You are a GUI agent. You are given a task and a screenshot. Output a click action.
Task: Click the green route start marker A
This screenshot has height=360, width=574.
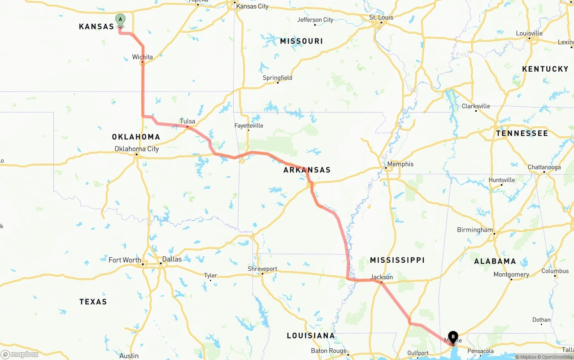tap(120, 20)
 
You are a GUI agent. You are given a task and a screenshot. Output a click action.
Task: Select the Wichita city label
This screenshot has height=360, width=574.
tap(142, 57)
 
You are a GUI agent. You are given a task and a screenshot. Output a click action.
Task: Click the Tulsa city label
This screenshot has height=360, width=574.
tap(187, 121)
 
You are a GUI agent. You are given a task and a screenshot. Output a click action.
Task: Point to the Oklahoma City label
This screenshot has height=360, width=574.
tap(136, 149)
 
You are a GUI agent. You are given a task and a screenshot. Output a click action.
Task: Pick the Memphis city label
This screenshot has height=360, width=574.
tap(400, 164)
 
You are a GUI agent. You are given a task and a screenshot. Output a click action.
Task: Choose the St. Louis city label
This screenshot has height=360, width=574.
tap(381, 17)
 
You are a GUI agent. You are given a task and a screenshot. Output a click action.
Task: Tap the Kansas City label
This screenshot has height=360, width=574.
tap(252, 6)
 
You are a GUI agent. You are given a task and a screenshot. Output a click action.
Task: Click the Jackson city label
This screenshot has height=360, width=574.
tap(382, 277)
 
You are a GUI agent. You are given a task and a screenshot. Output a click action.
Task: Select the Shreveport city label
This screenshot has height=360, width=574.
tap(262, 269)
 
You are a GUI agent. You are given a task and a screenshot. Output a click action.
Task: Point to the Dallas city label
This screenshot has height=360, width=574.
tap(172, 259)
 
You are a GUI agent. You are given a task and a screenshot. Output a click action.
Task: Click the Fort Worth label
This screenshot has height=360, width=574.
tap(125, 260)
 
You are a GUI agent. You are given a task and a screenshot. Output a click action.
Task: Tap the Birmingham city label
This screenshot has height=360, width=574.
tap(474, 230)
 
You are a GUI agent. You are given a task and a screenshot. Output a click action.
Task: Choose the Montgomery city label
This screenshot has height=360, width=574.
tap(511, 274)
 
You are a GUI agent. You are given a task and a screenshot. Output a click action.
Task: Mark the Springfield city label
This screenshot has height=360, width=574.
tap(277, 78)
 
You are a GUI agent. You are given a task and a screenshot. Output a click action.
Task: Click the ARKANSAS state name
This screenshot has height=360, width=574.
tap(307, 170)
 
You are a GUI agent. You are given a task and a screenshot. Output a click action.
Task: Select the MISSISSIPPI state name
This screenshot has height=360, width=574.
tap(397, 260)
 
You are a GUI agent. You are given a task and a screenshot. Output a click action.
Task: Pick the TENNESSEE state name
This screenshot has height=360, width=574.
tap(522, 133)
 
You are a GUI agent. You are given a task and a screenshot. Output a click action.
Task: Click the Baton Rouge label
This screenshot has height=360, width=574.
tap(329, 351)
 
